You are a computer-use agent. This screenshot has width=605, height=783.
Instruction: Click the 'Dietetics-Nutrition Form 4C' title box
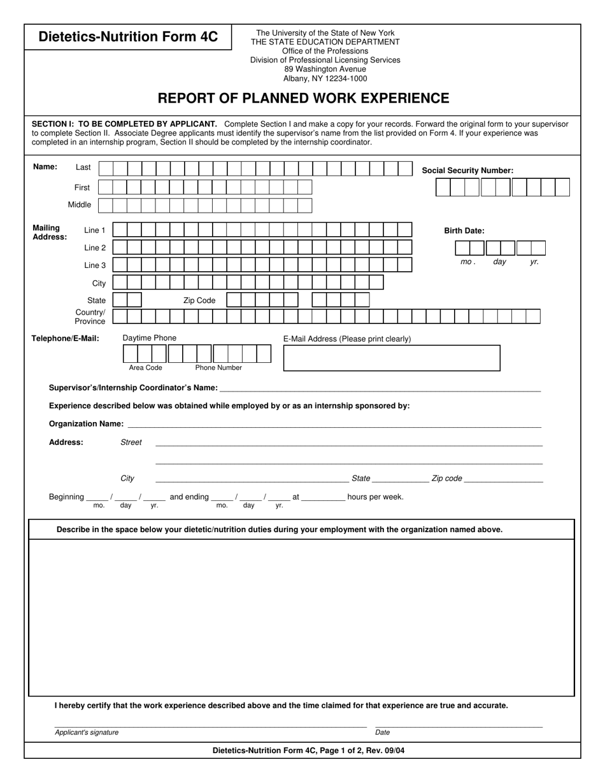click(x=128, y=37)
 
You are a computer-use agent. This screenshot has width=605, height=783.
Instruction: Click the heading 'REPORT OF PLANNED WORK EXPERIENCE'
click(x=303, y=98)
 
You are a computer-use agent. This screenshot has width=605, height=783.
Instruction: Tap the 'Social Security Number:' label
click(x=467, y=171)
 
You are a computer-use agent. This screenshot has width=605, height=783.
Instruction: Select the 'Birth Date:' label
click(x=464, y=231)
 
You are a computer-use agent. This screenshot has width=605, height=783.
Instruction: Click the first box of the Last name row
click(x=106, y=169)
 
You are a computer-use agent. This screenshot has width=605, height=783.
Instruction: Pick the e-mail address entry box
click(x=391, y=358)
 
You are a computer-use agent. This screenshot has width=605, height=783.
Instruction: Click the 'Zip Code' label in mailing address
click(x=199, y=300)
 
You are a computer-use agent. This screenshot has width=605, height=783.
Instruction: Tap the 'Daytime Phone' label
click(x=149, y=338)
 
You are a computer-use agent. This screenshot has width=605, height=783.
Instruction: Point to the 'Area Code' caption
click(x=145, y=368)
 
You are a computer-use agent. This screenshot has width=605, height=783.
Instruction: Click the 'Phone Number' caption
click(x=218, y=368)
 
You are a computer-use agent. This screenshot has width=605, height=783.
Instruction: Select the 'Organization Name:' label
click(x=87, y=424)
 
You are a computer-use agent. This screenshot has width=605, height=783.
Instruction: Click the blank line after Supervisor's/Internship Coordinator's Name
click(x=380, y=388)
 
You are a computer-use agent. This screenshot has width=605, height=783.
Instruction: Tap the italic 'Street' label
click(x=131, y=442)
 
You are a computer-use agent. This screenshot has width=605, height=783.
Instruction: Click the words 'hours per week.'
click(x=375, y=497)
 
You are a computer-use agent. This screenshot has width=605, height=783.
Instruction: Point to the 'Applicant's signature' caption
click(x=87, y=733)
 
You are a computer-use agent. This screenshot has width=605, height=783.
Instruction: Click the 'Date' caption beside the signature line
click(x=382, y=733)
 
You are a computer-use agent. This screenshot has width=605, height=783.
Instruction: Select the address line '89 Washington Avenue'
click(x=325, y=69)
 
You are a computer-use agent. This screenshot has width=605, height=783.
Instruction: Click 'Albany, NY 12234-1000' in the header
click(x=325, y=79)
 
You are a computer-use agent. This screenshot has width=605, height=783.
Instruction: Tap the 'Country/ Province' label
click(x=90, y=317)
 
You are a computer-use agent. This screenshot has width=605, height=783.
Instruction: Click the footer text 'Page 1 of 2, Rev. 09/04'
click(x=361, y=751)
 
